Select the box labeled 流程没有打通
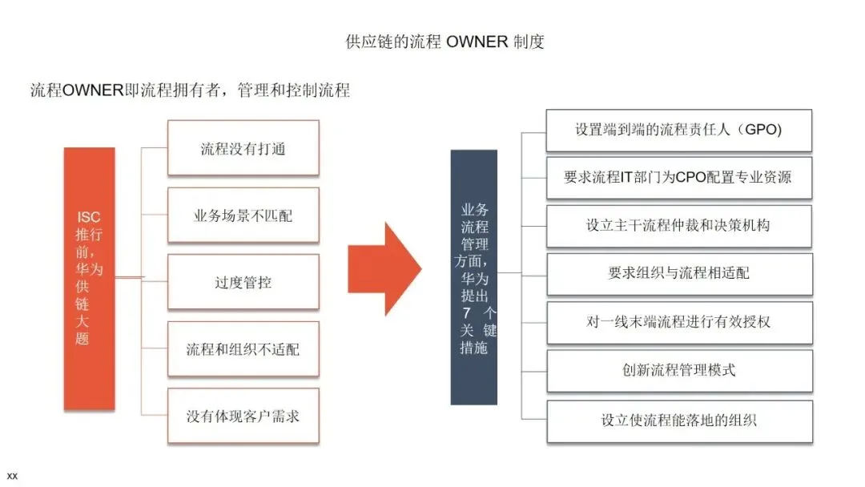243,148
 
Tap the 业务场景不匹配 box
243,215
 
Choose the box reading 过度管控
243,282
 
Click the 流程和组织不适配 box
243,349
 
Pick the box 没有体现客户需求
243,416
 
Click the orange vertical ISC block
89,278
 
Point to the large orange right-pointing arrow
384,269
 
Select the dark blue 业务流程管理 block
473,277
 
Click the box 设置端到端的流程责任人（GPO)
678,130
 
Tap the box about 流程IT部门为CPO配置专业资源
678,178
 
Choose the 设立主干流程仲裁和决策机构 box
678,226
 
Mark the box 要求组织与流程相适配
678,273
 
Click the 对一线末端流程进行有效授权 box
678,322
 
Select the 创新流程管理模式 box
678,370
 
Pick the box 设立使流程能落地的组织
678,420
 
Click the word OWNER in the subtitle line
93,90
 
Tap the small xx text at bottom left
12,476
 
